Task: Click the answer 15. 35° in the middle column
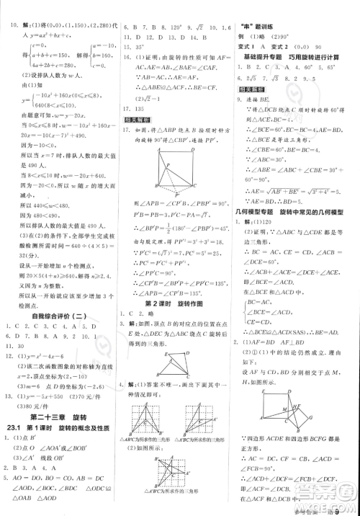[132, 45]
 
